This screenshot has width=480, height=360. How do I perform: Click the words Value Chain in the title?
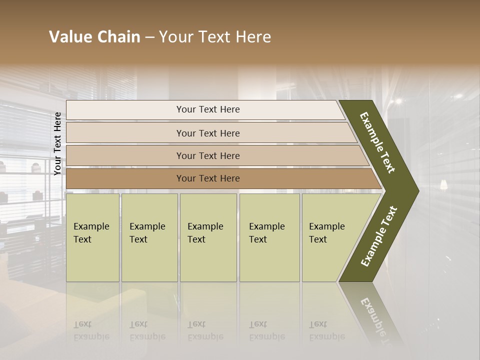coord(94,37)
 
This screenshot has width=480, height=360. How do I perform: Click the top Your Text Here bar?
coord(207,110)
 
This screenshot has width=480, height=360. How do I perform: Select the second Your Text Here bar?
coord(207,133)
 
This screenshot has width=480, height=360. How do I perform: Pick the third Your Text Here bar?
coord(207,156)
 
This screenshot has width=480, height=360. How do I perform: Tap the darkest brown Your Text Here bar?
coord(207,178)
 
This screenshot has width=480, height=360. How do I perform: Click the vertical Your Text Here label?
coord(58,143)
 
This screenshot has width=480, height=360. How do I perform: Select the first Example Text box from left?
coord(92,237)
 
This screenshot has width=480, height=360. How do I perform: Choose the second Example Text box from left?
coord(149,237)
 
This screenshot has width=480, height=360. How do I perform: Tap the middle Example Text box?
coord(208,237)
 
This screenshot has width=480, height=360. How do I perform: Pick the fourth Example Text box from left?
coord(269,237)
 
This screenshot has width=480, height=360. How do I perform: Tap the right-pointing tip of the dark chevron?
coord(416,191)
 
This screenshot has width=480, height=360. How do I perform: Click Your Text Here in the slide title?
coord(215,37)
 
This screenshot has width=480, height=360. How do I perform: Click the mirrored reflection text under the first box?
coord(91,330)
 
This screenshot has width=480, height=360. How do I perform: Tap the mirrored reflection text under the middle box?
coord(205,330)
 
